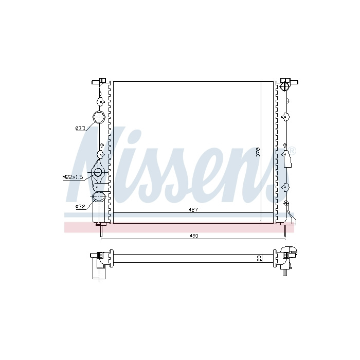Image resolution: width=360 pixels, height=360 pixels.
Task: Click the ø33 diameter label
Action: [80, 129]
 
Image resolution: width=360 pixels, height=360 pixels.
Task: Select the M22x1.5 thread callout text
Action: [73, 177]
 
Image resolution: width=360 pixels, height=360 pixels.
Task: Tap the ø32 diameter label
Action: [80, 207]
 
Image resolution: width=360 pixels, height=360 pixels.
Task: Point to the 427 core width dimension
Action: [193, 210]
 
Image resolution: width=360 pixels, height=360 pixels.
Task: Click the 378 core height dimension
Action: [258, 152]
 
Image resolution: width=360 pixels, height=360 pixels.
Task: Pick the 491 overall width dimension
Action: [193, 236]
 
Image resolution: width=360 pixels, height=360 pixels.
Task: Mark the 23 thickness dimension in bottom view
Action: [259, 259]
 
